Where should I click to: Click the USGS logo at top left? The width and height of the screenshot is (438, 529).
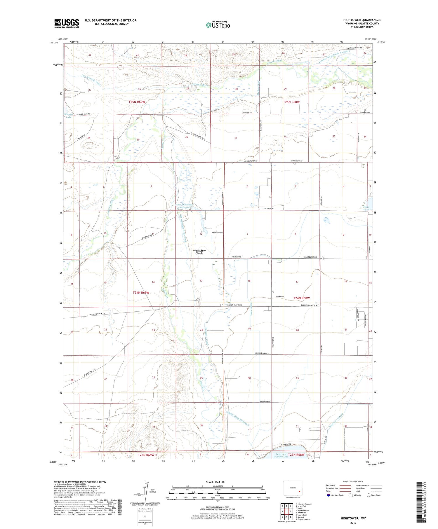[67, 23]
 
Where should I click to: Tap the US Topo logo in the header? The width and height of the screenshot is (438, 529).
[218, 25]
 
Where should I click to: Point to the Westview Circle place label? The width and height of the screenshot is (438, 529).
[199, 252]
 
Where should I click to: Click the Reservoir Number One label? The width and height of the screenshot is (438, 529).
[281, 455]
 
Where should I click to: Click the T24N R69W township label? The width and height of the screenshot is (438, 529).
[141, 292]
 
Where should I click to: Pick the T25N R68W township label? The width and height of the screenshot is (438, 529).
[291, 102]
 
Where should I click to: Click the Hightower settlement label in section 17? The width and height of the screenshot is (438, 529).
[280, 297]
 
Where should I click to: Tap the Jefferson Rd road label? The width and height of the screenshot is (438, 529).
[265, 402]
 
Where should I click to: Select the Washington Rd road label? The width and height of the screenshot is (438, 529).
[261, 353]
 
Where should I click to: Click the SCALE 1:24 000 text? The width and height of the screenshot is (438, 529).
[217, 482]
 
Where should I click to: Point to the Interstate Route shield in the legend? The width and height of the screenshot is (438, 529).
[329, 495]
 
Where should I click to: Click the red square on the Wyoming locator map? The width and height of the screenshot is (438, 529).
[299, 491]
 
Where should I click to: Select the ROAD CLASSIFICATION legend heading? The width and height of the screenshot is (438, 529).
[353, 481]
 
